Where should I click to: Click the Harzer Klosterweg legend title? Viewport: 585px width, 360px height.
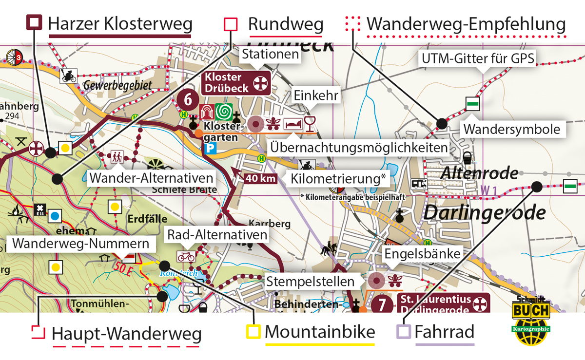pos(120,23)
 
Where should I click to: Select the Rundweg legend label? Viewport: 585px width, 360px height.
pos(286,24)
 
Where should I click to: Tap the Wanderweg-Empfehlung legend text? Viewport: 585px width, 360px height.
pos(466,24)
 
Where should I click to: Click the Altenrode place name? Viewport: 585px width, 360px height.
pos(479,173)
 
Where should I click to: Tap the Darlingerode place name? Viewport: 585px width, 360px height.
pos(484,212)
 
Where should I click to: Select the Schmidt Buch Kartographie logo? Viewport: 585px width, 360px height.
pos(530,316)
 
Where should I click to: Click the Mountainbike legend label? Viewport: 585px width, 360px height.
pos(320,332)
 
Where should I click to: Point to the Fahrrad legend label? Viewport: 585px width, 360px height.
pos(444,333)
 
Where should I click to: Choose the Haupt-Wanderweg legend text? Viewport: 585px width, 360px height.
pos(126,334)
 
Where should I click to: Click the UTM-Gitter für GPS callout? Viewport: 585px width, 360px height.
pos(478,59)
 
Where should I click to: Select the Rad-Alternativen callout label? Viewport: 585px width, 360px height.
pos(217,235)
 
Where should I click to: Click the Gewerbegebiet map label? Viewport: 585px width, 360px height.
pos(117,86)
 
